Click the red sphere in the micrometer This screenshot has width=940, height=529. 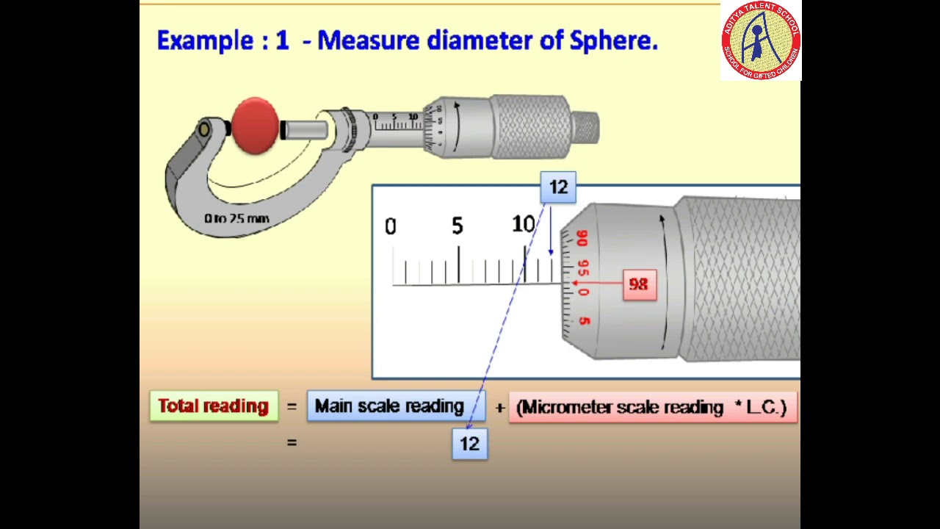point(254,126)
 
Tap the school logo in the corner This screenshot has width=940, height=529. point(760,40)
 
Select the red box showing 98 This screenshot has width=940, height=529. point(638,284)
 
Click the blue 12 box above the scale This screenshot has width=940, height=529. point(558,187)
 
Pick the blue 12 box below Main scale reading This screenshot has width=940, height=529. point(469,444)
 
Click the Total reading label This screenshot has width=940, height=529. point(214,406)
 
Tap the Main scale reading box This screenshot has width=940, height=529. point(389,406)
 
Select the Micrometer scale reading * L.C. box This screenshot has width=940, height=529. point(651,407)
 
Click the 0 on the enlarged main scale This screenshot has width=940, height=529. point(390,227)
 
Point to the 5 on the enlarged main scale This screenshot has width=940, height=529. point(458,226)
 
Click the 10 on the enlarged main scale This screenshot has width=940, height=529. point(523,225)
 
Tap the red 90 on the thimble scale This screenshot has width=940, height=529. point(582,239)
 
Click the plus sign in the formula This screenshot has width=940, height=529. point(499,407)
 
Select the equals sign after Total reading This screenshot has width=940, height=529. point(292,406)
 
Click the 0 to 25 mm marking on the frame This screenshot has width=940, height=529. point(236,218)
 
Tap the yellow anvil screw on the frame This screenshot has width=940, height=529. point(204,131)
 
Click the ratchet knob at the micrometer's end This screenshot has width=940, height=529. point(585,127)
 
